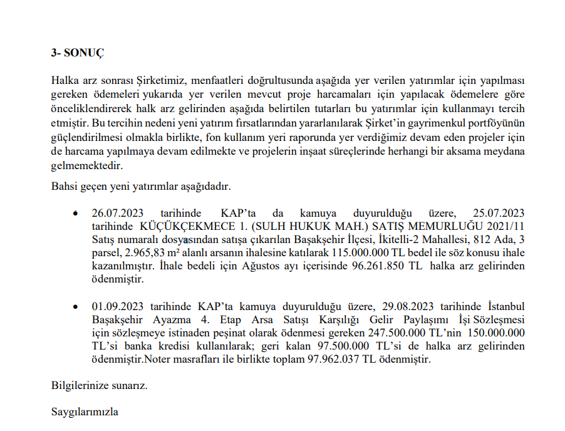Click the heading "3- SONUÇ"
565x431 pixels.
[78, 53]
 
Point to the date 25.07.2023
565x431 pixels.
[498, 213]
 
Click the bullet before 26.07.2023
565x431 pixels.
[76, 214]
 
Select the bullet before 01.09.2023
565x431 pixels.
[76, 306]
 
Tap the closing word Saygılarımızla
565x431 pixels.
[85, 412]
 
